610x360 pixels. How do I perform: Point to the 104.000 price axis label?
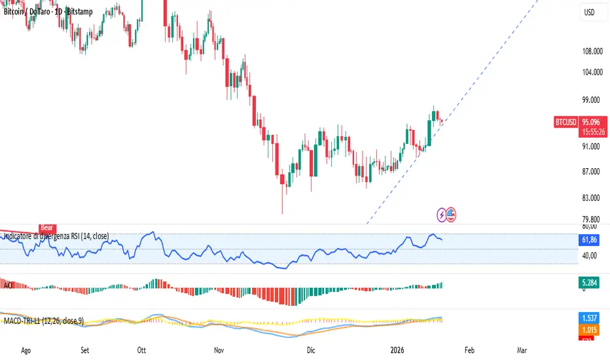pos(591,73)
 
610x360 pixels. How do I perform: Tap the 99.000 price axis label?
pos(591,100)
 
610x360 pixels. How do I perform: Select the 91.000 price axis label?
pos(591,147)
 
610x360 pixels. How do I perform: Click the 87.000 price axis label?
pos(591,171)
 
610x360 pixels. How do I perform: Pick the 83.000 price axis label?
pos(591,198)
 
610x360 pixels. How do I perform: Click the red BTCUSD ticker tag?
pos(565,122)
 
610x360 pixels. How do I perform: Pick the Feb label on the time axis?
pos(470,351)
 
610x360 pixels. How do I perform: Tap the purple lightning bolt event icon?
pos(443,213)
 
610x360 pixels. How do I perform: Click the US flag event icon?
pos(452,213)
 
